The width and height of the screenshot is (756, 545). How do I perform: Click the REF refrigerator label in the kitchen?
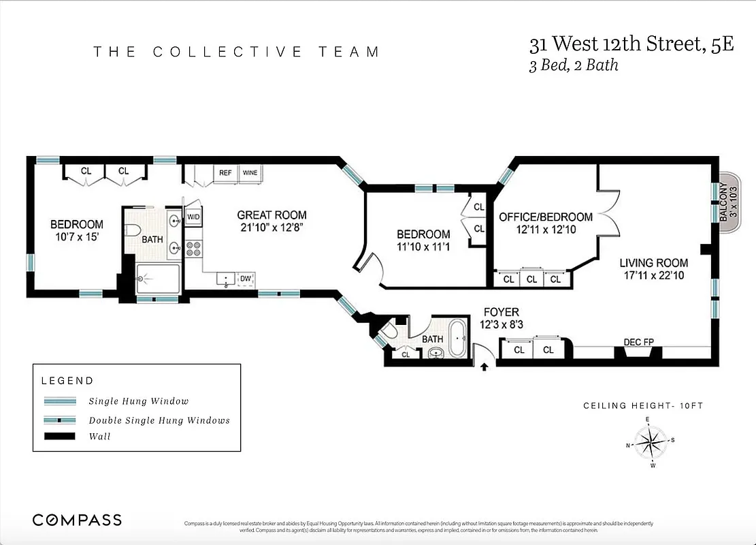225,173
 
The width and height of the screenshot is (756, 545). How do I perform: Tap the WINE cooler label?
250,173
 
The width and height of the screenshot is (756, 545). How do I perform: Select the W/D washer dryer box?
193,217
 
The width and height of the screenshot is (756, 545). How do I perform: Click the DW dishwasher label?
245,279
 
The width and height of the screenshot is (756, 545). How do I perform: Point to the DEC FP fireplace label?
638,342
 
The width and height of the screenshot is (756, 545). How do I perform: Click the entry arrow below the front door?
484,367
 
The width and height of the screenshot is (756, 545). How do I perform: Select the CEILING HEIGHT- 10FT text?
642,406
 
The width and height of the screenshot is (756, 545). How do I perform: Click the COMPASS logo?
78,520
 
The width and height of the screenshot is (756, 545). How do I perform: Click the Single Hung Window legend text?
139,401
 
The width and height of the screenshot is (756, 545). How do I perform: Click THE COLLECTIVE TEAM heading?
236,52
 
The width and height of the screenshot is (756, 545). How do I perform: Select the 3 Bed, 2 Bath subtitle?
574,66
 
